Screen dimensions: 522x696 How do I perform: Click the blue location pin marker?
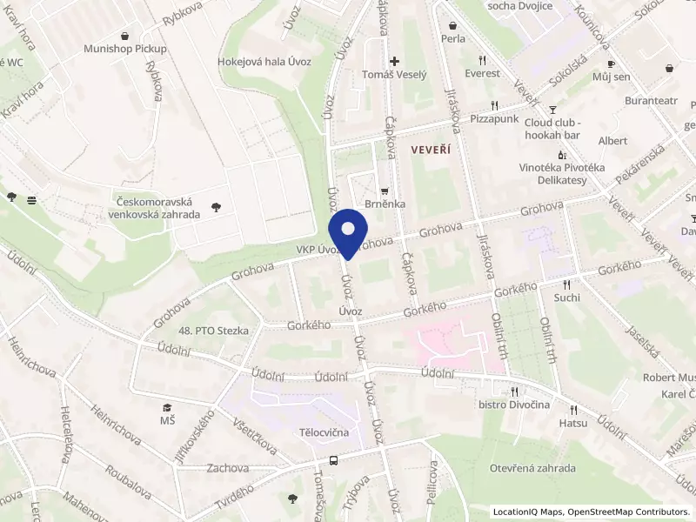348,231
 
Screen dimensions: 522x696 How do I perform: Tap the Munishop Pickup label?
125,49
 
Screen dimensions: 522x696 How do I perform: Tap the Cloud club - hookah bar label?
552,129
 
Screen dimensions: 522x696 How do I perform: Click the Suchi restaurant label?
566,298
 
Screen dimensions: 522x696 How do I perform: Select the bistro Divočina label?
513,405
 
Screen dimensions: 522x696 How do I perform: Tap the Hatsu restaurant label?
572,423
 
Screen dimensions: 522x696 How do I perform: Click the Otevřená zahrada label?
533,468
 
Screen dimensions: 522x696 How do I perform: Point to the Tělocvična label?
324,432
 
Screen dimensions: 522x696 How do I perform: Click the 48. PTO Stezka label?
213,331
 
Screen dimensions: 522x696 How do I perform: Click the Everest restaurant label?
482,73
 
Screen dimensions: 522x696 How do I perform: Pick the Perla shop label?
452,38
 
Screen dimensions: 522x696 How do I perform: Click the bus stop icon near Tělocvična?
333,460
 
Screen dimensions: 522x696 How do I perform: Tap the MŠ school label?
166,420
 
